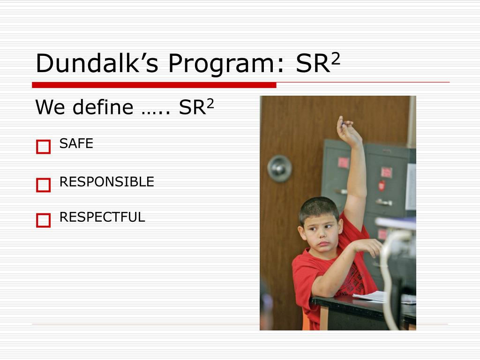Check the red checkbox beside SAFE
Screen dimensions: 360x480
coord(43,147)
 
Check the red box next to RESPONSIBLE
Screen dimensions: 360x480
coord(43,185)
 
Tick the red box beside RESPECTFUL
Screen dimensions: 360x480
coord(43,220)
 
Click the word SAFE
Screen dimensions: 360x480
coord(76,144)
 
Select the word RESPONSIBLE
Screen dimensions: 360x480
coord(107,182)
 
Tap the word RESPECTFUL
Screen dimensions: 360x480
coord(102,217)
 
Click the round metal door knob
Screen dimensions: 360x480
coord(279,168)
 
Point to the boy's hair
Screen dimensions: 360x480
coord(319,209)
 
